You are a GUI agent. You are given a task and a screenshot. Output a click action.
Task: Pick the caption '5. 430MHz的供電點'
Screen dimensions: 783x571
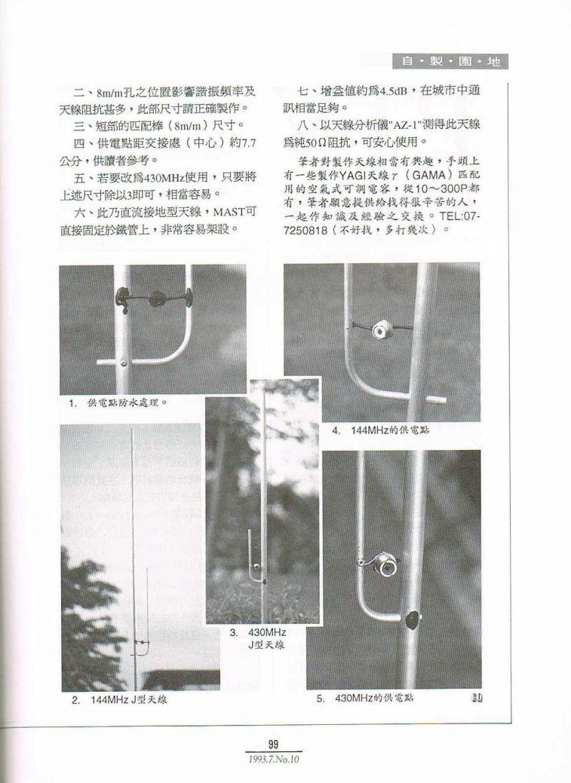click(369, 698)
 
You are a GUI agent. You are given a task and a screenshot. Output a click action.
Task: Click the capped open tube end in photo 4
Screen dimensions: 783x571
click(435, 399)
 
